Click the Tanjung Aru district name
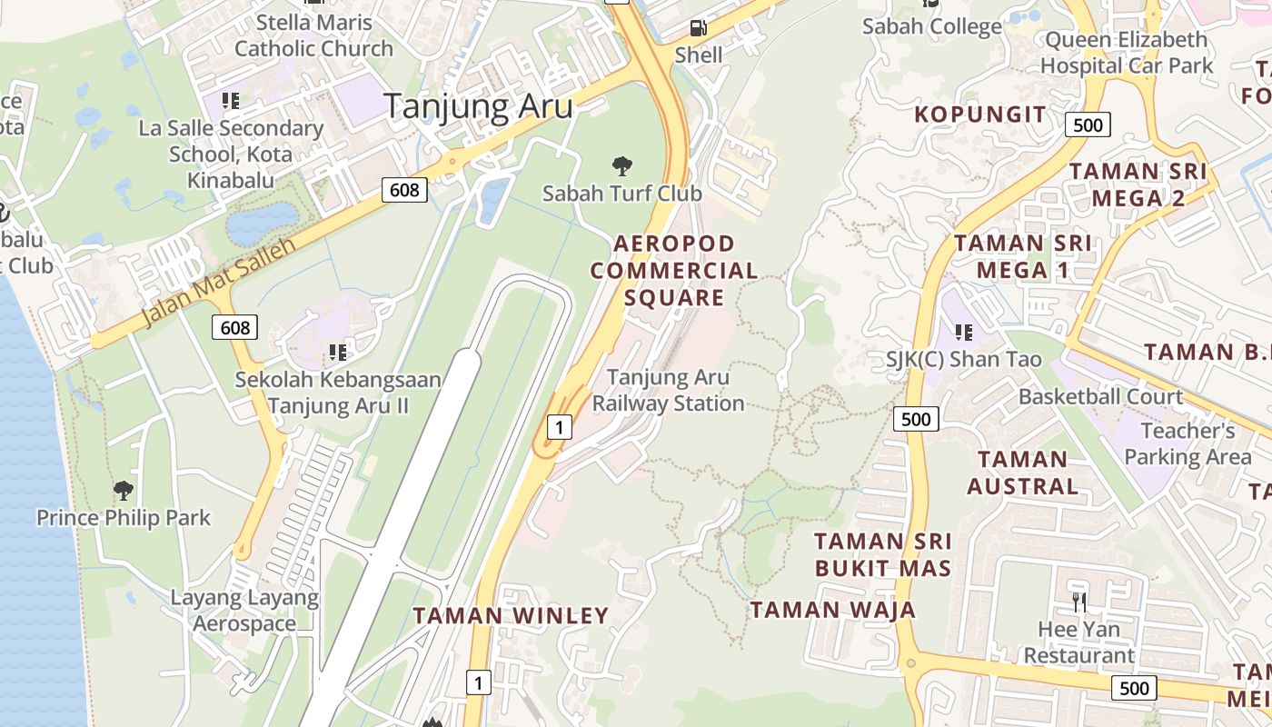pos(478,106)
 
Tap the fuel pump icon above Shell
pos(698,28)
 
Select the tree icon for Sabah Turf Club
pos(622,166)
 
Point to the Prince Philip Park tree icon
pos(124,491)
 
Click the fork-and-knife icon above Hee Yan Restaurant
pos(1078,601)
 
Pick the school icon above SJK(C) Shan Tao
pos(963,333)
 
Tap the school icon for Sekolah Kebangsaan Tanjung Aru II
pos(338,352)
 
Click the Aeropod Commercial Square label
pos(674,271)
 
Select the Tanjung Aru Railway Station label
pos(668,390)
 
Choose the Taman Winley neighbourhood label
pos(511,615)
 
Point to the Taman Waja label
pos(832,609)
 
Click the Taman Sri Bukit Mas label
pos(883,555)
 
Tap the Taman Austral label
pos(1022,473)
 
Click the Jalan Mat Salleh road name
pos(219,283)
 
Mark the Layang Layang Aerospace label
pos(244,611)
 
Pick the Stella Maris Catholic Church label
pos(313,35)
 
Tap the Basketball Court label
pos(1100,396)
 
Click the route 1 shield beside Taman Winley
pos(478,682)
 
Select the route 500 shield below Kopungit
pos(1088,124)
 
